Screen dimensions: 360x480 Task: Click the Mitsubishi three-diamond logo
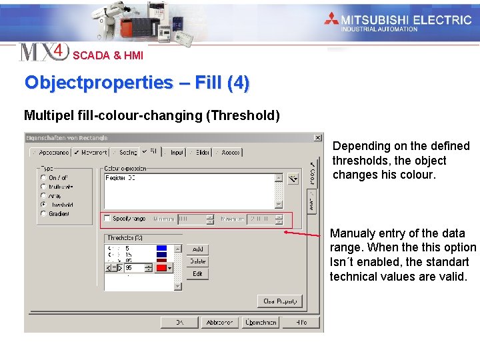(331, 19)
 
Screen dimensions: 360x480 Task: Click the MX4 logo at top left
(43, 52)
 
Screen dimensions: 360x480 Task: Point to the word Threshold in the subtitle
(243, 115)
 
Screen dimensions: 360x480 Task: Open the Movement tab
(90, 153)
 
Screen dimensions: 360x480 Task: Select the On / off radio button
(44, 178)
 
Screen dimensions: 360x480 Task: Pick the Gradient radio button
(44, 214)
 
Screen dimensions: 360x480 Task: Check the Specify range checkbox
(107, 219)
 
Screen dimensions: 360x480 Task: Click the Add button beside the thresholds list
(197, 249)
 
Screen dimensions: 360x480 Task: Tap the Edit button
(197, 274)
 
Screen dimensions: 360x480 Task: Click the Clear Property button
(280, 301)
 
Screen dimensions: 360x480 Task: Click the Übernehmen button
(261, 323)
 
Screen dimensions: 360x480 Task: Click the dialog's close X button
(317, 138)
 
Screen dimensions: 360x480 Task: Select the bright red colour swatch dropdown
(164, 268)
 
